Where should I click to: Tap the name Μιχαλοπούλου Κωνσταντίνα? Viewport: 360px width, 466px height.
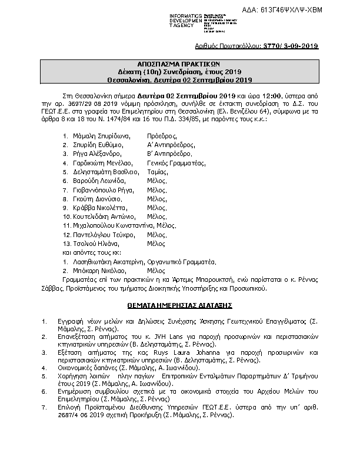click(109, 225)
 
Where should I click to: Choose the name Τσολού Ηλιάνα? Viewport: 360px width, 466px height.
click(96, 243)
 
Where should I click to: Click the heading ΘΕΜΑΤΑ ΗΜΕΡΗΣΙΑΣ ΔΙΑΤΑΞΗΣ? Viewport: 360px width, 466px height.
click(180, 306)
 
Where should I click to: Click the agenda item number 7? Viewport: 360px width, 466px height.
click(44, 407)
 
